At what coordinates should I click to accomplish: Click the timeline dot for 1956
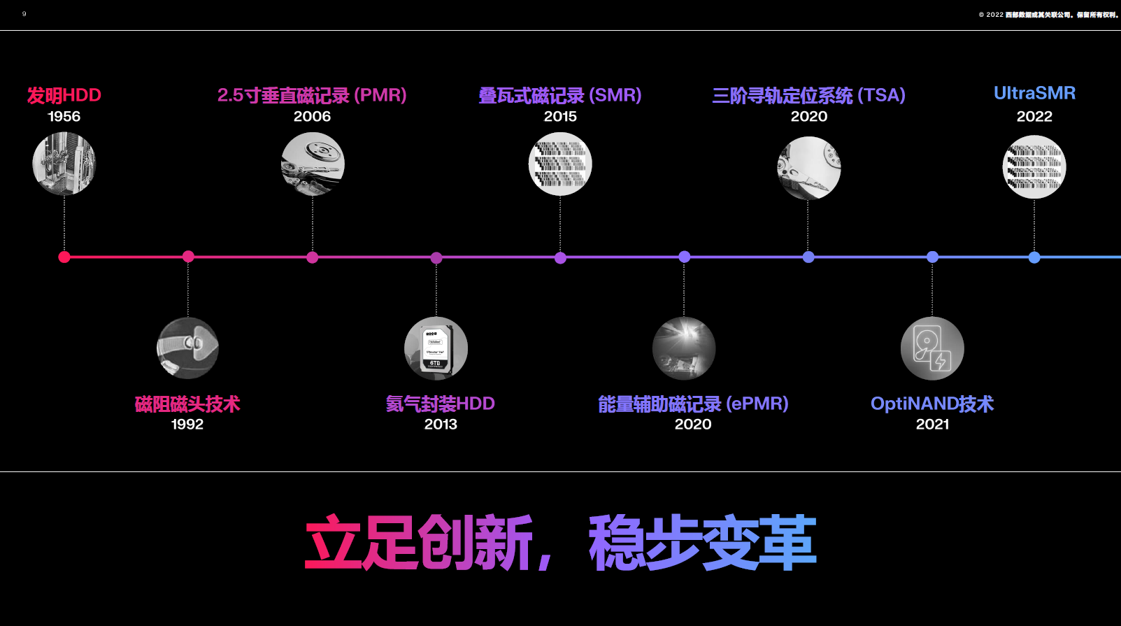click(64, 257)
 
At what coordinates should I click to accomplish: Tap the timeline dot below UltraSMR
click(1034, 257)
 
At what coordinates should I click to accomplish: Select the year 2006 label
click(312, 116)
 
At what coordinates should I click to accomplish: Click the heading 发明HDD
click(64, 95)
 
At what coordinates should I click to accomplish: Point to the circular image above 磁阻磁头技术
click(187, 348)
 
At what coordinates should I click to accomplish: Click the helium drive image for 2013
click(436, 348)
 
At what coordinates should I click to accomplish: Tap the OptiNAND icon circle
click(932, 348)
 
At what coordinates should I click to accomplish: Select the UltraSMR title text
click(1034, 93)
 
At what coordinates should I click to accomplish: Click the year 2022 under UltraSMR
click(1034, 116)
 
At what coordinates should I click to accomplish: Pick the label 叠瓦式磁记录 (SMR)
click(559, 95)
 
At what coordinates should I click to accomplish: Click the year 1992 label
click(187, 424)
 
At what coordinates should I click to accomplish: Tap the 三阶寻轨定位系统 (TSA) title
click(808, 95)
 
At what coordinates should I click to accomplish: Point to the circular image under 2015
click(560, 164)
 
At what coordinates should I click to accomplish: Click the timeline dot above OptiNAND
click(932, 257)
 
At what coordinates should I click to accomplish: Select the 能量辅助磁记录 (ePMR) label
click(693, 404)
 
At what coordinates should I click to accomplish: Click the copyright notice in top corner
click(1048, 15)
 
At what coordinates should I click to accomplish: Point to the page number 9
click(24, 14)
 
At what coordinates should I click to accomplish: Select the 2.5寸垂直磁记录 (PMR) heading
click(312, 95)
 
